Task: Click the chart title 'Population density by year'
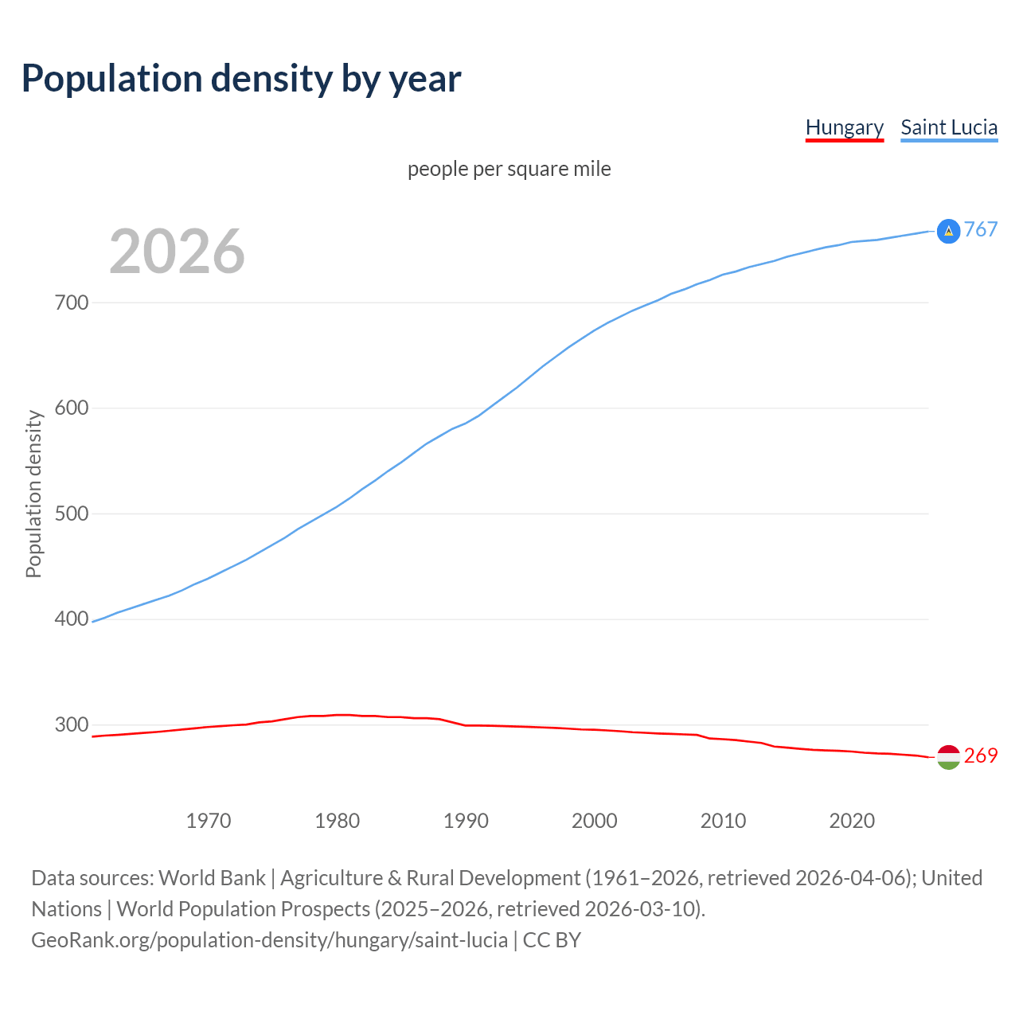point(241,79)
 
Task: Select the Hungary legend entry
point(845,127)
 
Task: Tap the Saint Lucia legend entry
point(949,127)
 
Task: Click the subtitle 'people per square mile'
point(509,169)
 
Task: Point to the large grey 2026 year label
point(177,252)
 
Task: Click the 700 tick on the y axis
point(72,303)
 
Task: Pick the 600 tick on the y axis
point(72,408)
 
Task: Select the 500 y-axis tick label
point(72,513)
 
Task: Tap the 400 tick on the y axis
point(72,619)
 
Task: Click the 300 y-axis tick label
point(72,724)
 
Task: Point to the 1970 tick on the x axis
point(209,821)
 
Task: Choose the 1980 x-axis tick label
point(338,821)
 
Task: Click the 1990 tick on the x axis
point(466,821)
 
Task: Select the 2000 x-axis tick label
point(595,821)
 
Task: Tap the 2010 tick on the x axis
point(724,821)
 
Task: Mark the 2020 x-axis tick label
point(852,821)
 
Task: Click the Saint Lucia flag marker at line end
point(948,231)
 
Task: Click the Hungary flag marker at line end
point(948,757)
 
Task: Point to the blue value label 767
point(981,230)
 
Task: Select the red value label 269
point(981,755)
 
